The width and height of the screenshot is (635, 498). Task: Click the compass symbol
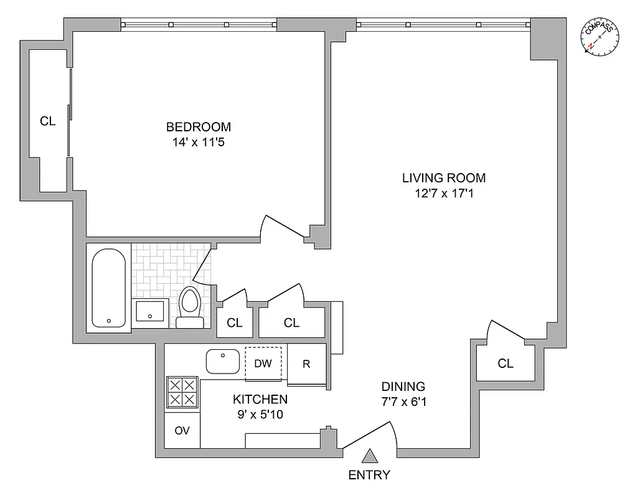point(601,37)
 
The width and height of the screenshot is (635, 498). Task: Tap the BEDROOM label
point(198,127)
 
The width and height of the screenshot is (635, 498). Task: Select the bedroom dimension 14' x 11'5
point(198,143)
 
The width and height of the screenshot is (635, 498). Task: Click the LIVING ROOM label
point(443,178)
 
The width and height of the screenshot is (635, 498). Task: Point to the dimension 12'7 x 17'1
point(443,194)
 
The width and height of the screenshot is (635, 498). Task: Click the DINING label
point(403,386)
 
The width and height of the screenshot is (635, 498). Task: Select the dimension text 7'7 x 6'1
point(403,402)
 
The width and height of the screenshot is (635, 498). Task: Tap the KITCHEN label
point(260,399)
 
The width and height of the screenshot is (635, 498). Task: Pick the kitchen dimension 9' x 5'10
point(260,415)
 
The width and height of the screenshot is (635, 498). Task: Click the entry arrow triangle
point(370,457)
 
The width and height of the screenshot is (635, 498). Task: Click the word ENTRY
point(369,476)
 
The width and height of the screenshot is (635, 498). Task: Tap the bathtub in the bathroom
point(110,288)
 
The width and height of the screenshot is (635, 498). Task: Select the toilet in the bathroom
point(189,306)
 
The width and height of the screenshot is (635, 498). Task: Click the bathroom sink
point(151,312)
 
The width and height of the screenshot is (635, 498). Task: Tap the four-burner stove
point(182,392)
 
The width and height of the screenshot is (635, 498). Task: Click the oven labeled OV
point(182,431)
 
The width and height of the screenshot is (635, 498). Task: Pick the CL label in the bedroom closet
point(48,121)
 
